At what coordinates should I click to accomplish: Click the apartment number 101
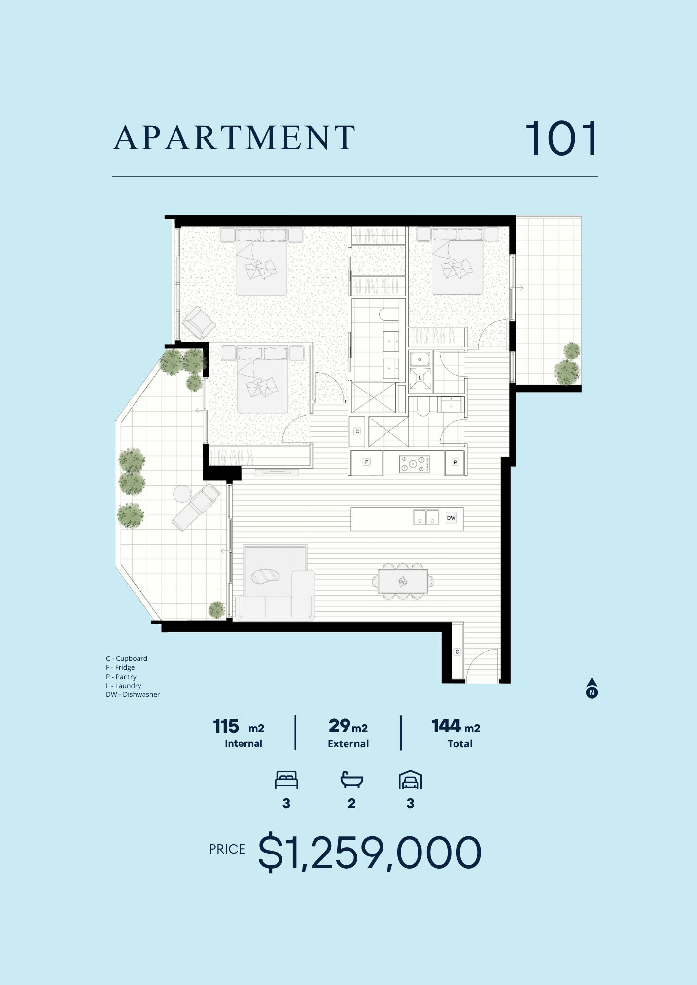pyautogui.click(x=561, y=138)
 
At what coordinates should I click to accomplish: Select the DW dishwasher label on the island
pyautogui.click(x=451, y=518)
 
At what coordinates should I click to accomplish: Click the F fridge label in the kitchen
pyautogui.click(x=366, y=462)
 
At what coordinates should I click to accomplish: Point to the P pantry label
pyautogui.click(x=455, y=462)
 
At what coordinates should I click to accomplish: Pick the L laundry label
pyautogui.click(x=420, y=378)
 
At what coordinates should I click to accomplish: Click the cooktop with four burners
pyautogui.click(x=414, y=463)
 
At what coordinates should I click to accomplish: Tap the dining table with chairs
pyautogui.click(x=403, y=582)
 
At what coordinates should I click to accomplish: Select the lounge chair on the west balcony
pyautogui.click(x=196, y=507)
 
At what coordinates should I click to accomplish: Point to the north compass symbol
pyautogui.click(x=592, y=688)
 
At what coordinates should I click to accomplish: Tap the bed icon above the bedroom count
pyautogui.click(x=286, y=780)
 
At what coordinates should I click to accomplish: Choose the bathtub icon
pyautogui.click(x=352, y=780)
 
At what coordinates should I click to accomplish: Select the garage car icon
pyautogui.click(x=410, y=780)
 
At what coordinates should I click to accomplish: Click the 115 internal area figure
pyautogui.click(x=226, y=726)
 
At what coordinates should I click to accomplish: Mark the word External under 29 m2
pyautogui.click(x=348, y=744)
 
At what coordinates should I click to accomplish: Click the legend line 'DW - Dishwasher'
pyautogui.click(x=133, y=694)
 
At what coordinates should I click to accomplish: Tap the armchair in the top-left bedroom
pyautogui.click(x=199, y=323)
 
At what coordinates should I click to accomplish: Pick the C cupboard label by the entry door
pyautogui.click(x=457, y=652)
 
